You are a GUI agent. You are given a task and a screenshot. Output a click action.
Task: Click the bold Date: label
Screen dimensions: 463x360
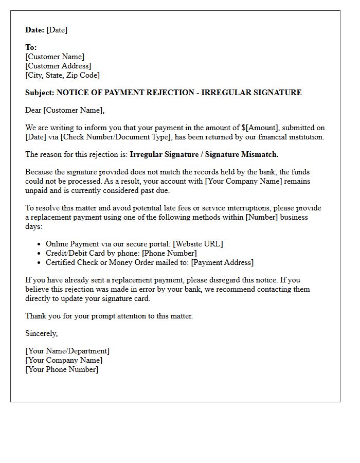[35, 30]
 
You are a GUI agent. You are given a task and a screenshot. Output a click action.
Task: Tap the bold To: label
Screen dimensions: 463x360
[31, 47]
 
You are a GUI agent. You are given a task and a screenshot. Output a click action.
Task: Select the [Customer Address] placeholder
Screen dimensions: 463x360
[58, 66]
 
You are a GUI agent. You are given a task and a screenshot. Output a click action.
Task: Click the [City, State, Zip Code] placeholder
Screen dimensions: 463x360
[62, 75]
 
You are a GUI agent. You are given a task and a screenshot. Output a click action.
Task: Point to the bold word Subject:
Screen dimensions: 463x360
[40, 93]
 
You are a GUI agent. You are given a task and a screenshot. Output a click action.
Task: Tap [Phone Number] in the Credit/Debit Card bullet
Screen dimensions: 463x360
[169, 253]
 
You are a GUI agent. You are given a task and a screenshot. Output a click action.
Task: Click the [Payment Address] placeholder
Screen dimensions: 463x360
[222, 262]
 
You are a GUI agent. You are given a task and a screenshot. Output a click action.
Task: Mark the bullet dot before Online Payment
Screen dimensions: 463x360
[40, 244]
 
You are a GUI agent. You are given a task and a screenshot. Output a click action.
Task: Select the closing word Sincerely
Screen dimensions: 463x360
[41, 333]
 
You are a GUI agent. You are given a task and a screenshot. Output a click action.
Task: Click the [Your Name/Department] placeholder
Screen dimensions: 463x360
[67, 351]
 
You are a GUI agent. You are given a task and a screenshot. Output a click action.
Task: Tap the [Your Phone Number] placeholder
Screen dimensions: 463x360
[62, 369]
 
